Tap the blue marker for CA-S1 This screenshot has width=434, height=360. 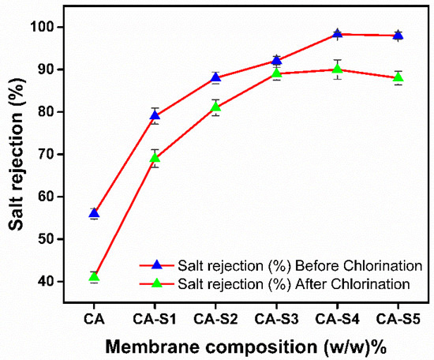tap(155, 116)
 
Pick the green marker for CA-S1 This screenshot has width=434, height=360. tap(155, 158)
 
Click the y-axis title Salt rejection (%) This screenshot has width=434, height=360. tap(17, 153)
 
